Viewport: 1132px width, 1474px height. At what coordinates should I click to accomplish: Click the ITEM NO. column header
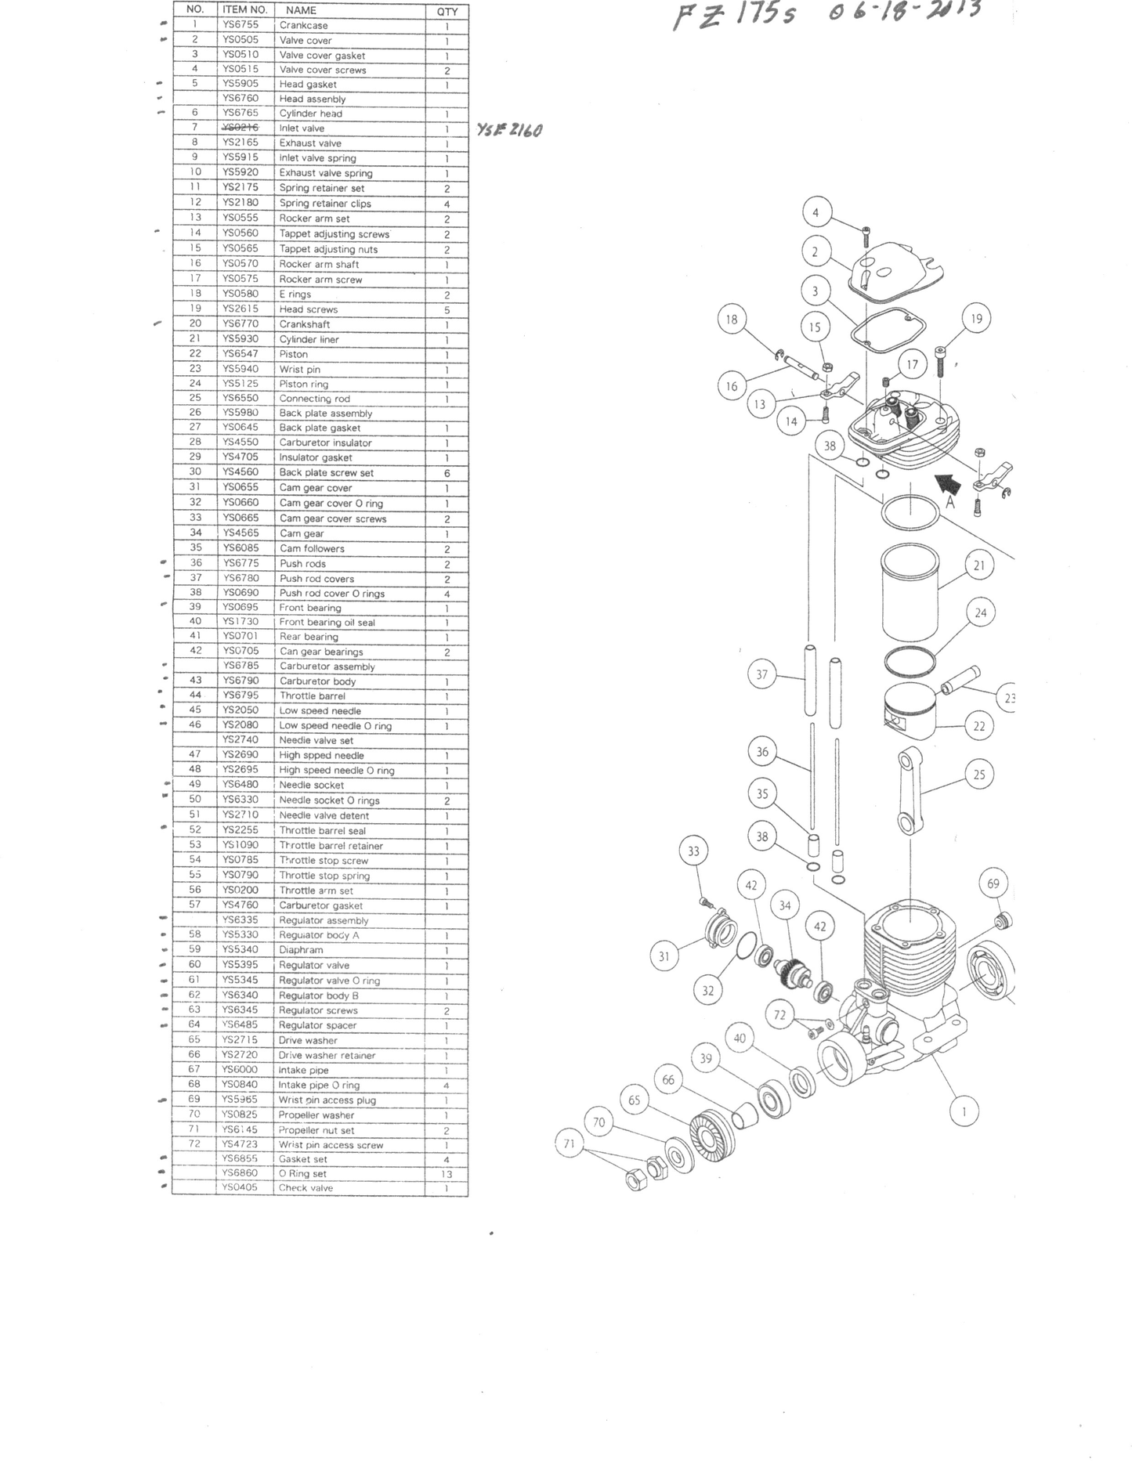point(244,10)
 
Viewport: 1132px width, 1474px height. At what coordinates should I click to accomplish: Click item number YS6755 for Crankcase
point(240,25)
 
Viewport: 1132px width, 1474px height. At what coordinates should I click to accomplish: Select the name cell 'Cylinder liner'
point(309,339)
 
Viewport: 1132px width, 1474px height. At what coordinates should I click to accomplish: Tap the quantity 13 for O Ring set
point(447,1174)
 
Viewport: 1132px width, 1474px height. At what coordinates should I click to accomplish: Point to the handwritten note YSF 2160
point(509,130)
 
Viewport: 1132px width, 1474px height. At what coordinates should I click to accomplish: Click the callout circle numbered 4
point(816,212)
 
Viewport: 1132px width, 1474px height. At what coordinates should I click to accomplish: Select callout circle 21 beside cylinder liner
point(979,565)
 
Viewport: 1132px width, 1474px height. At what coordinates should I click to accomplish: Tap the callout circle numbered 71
point(570,1143)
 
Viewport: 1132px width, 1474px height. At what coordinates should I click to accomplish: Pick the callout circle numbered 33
point(693,851)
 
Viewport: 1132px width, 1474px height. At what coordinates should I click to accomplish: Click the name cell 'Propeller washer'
point(316,1115)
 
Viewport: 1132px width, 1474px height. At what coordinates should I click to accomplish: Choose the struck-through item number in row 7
point(240,128)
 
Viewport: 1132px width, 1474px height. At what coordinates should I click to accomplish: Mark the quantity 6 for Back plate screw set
point(447,473)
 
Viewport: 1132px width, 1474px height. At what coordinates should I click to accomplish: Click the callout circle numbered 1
point(964,1111)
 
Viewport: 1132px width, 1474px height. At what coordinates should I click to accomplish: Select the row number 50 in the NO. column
point(195,799)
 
